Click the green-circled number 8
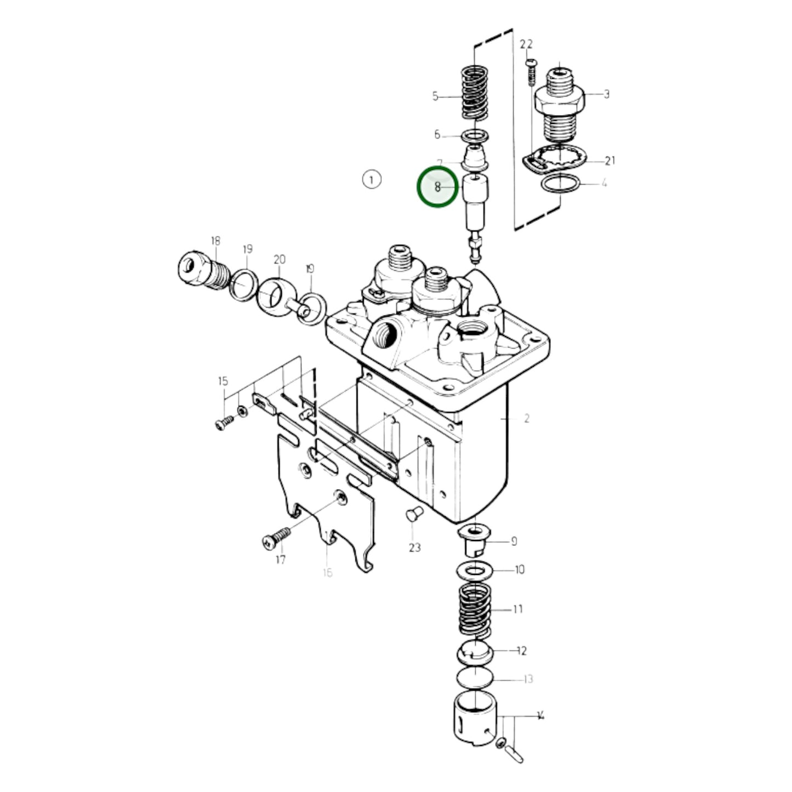[x=437, y=187]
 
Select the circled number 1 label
[x=372, y=179]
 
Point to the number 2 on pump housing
[x=526, y=419]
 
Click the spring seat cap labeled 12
[x=475, y=652]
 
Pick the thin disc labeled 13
[x=475, y=679]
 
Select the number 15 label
[x=223, y=381]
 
